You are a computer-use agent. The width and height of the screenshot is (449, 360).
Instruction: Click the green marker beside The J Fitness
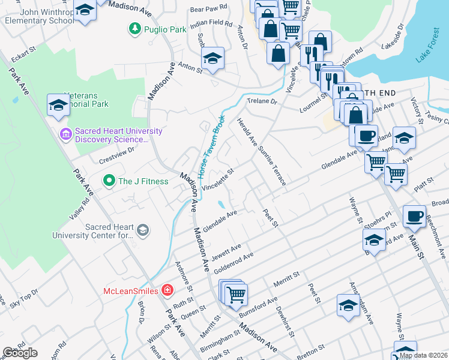point(109,180)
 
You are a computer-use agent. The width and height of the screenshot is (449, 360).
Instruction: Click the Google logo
point(20,353)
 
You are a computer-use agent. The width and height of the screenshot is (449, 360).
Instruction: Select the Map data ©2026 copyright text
point(423,355)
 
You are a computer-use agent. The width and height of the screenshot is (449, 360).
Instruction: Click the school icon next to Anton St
point(212,59)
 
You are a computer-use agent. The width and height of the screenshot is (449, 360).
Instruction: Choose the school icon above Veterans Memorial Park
point(58,104)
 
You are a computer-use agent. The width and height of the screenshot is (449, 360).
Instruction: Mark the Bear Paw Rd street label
point(208,9)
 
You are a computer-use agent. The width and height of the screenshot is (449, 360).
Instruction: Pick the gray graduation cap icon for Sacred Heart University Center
point(143,230)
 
